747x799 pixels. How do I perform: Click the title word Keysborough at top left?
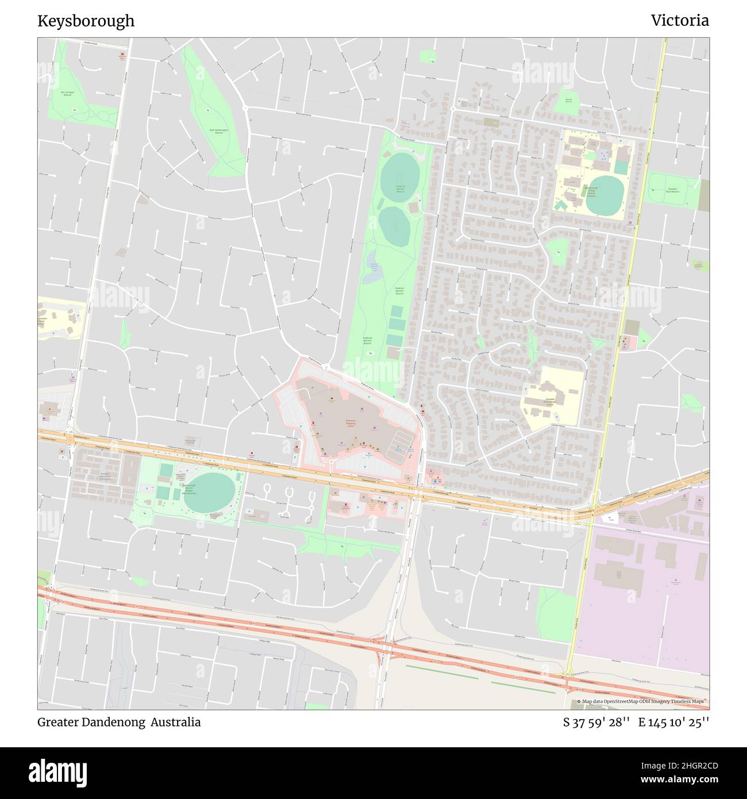pyautogui.click(x=86, y=21)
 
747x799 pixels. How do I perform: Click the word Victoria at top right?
pyautogui.click(x=679, y=21)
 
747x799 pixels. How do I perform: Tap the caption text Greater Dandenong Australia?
pyautogui.click(x=119, y=722)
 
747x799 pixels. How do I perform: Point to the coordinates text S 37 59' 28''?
pyautogui.click(x=596, y=722)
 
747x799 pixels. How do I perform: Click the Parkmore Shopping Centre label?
pyautogui.click(x=351, y=423)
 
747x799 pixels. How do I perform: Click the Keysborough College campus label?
pyautogui.click(x=591, y=191)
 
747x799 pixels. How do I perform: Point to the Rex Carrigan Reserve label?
pyautogui.click(x=68, y=93)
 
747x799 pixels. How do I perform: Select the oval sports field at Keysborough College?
pyautogui.click(x=604, y=195)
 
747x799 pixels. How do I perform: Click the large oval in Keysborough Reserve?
pyautogui.click(x=210, y=491)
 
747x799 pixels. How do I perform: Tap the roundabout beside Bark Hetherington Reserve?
pyautogui.click(x=245, y=108)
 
